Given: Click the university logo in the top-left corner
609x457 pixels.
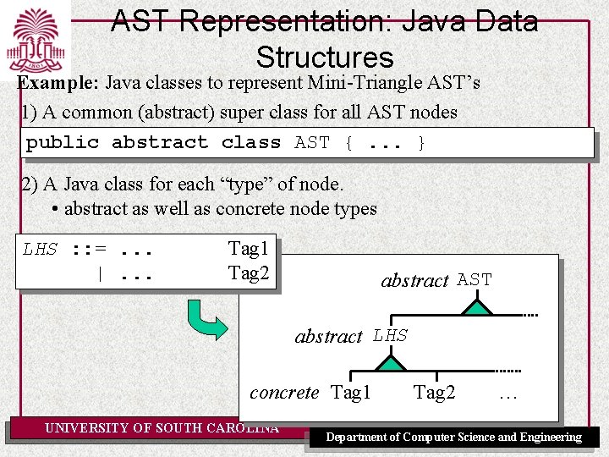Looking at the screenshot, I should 36,41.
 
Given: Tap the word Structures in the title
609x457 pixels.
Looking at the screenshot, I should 325,58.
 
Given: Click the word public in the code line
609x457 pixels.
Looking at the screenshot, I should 63,143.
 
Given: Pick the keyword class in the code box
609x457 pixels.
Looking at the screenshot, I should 251,143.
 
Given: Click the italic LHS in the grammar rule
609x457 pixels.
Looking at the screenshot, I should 40,250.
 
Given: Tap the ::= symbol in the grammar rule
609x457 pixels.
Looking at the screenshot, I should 88,250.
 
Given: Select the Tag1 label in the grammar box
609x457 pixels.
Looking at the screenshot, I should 248,249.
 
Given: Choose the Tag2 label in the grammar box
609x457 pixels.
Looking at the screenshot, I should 248,273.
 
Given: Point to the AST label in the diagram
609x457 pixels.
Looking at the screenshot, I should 475,280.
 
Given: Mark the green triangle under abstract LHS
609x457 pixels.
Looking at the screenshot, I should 391,363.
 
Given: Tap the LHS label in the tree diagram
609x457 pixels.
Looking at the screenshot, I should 390,336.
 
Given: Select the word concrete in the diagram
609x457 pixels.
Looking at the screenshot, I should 284,393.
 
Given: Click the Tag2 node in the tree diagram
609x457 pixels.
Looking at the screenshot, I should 435,393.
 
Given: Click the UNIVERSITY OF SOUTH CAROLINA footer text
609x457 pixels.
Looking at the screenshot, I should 161,428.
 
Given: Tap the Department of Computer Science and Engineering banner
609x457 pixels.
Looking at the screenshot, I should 454,438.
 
